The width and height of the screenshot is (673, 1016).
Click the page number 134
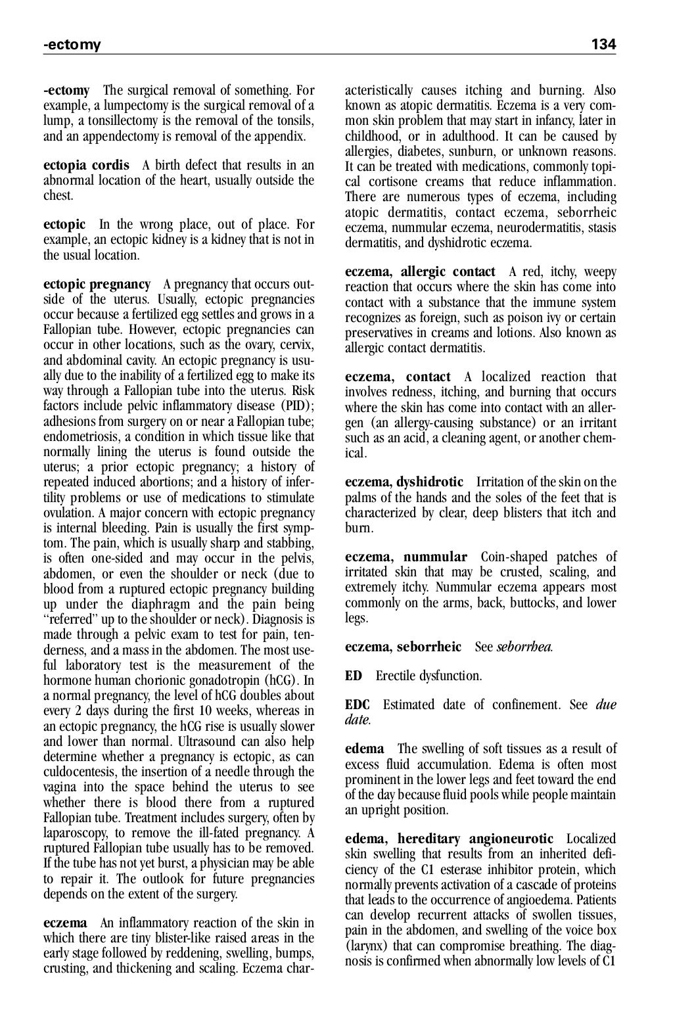[x=603, y=45]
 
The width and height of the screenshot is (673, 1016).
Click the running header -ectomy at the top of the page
[x=72, y=45]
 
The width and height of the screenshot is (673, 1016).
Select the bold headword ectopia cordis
[x=86, y=165]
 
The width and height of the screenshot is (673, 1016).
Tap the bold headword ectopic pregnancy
[x=97, y=285]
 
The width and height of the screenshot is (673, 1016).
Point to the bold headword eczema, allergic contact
[x=420, y=272]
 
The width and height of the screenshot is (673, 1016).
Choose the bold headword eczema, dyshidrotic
[x=404, y=482]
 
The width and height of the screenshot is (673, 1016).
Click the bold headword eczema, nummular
[x=406, y=557]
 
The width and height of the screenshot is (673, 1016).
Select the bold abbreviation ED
[x=354, y=676]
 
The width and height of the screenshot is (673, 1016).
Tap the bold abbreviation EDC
[x=358, y=705]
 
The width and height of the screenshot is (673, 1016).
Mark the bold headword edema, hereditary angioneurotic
[x=449, y=839]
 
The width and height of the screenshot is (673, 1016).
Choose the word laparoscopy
[x=76, y=833]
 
